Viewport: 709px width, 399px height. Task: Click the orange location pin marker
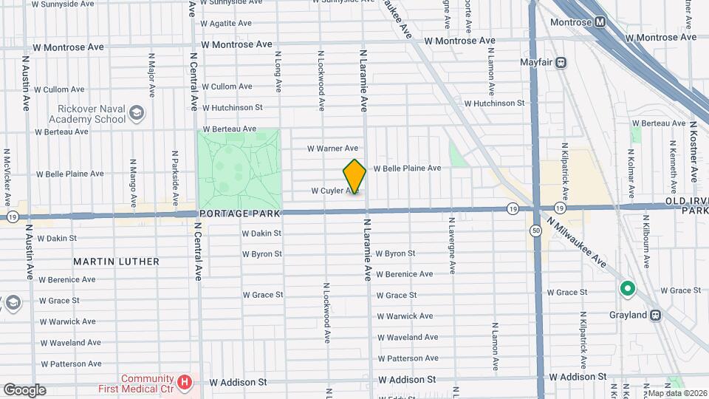354,177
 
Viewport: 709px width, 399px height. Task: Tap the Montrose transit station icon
601,21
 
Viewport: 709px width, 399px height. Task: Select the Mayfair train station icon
561,63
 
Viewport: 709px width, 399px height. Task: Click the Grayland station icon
655,315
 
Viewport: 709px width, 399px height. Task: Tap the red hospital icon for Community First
185,382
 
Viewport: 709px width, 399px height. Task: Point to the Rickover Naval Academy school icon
136,112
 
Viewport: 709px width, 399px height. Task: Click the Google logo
24,390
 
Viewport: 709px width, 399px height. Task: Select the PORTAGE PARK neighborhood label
240,214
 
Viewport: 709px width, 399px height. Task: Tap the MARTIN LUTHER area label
116,262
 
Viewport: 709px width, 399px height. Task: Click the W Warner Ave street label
332,149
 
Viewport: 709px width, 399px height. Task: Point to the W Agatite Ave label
227,23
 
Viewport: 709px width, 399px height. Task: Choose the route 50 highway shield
535,231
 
